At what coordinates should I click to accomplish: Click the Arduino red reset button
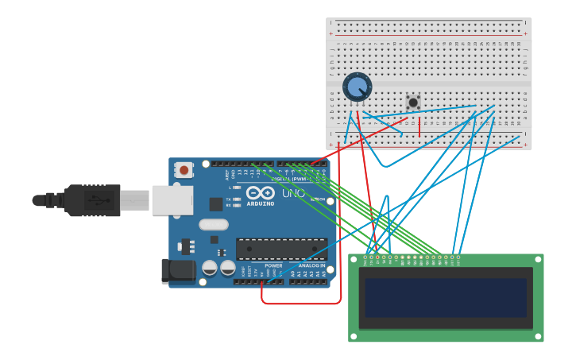[184, 170]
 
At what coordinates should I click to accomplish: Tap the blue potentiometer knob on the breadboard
[357, 87]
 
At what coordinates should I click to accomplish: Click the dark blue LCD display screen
[446, 297]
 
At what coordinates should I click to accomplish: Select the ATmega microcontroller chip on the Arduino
[281, 249]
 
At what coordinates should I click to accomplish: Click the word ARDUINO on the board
[261, 203]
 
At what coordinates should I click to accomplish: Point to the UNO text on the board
[293, 193]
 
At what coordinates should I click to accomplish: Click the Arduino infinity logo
[261, 192]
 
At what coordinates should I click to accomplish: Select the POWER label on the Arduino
[273, 265]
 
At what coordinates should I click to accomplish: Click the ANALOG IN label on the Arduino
[311, 265]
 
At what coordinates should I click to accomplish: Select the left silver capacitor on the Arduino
[210, 268]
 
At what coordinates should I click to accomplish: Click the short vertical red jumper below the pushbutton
[419, 126]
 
